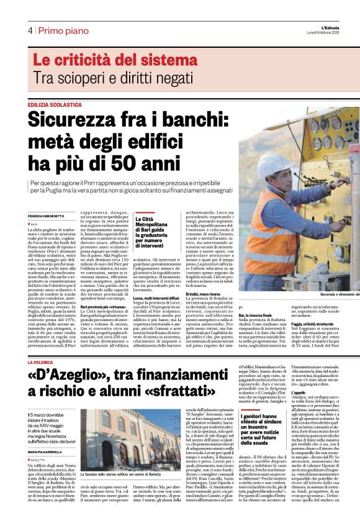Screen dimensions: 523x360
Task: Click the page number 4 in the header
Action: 30,30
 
